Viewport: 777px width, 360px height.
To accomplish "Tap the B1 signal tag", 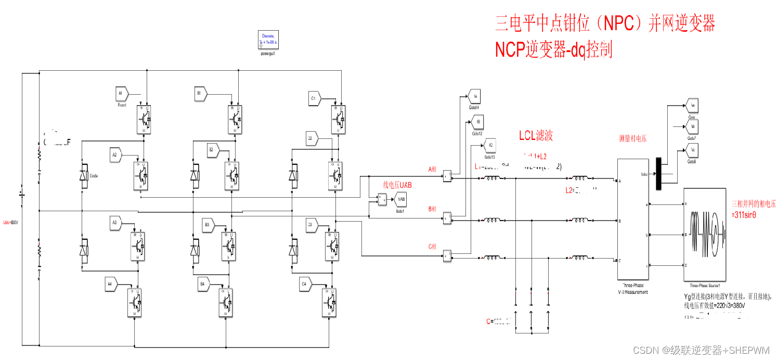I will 199,94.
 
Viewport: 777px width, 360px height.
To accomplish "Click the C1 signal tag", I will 314,98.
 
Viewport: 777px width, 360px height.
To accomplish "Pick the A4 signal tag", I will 110,284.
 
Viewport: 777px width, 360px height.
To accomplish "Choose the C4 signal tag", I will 304,284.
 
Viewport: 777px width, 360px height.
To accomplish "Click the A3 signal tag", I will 115,223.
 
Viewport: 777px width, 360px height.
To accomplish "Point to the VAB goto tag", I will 400,199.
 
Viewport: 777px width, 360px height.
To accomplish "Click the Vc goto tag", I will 692,150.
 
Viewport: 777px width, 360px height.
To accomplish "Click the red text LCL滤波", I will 536,136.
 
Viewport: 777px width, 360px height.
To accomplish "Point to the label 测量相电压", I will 633,139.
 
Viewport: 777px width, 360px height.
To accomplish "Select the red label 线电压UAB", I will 397,184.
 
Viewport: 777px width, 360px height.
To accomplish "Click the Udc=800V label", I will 10,223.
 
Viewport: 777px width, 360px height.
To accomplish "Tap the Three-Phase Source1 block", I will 704,234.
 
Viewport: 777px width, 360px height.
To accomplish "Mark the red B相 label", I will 432,209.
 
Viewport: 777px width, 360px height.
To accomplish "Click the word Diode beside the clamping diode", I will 94,176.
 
